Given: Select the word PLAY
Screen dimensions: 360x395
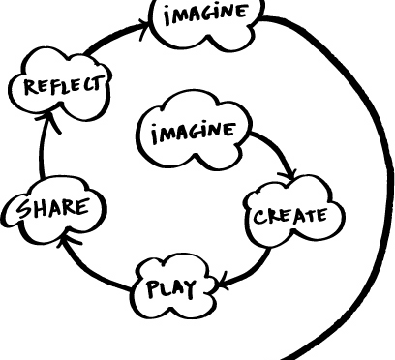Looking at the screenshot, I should pyautogui.click(x=172, y=288).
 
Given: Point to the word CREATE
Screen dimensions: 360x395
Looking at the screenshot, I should pyautogui.click(x=291, y=214).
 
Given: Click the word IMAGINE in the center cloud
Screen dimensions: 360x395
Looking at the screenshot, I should pyautogui.click(x=192, y=130).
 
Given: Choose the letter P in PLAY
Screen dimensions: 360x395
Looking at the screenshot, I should pyautogui.click(x=155, y=288).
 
